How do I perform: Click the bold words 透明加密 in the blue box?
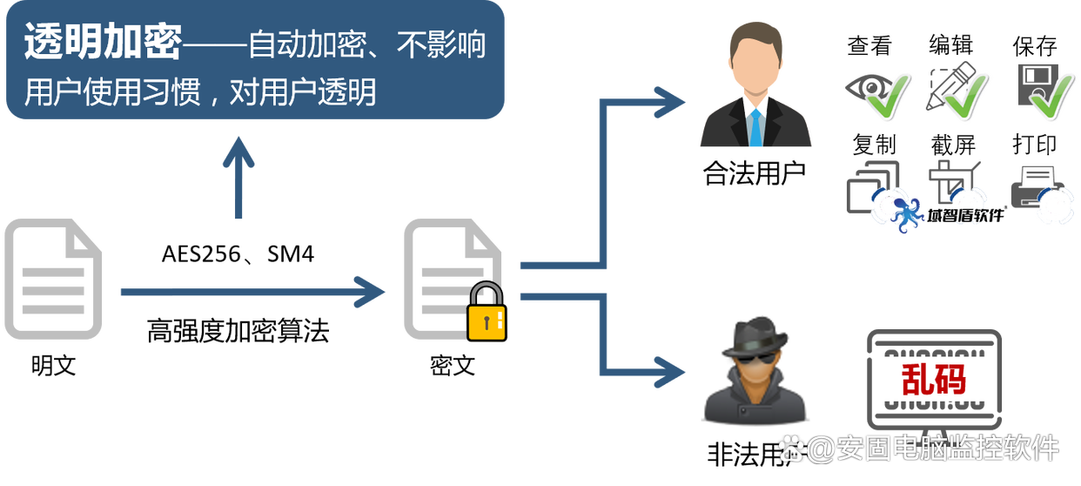(x=102, y=43)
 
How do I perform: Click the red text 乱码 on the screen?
(x=934, y=381)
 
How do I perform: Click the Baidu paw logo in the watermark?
(x=790, y=449)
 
